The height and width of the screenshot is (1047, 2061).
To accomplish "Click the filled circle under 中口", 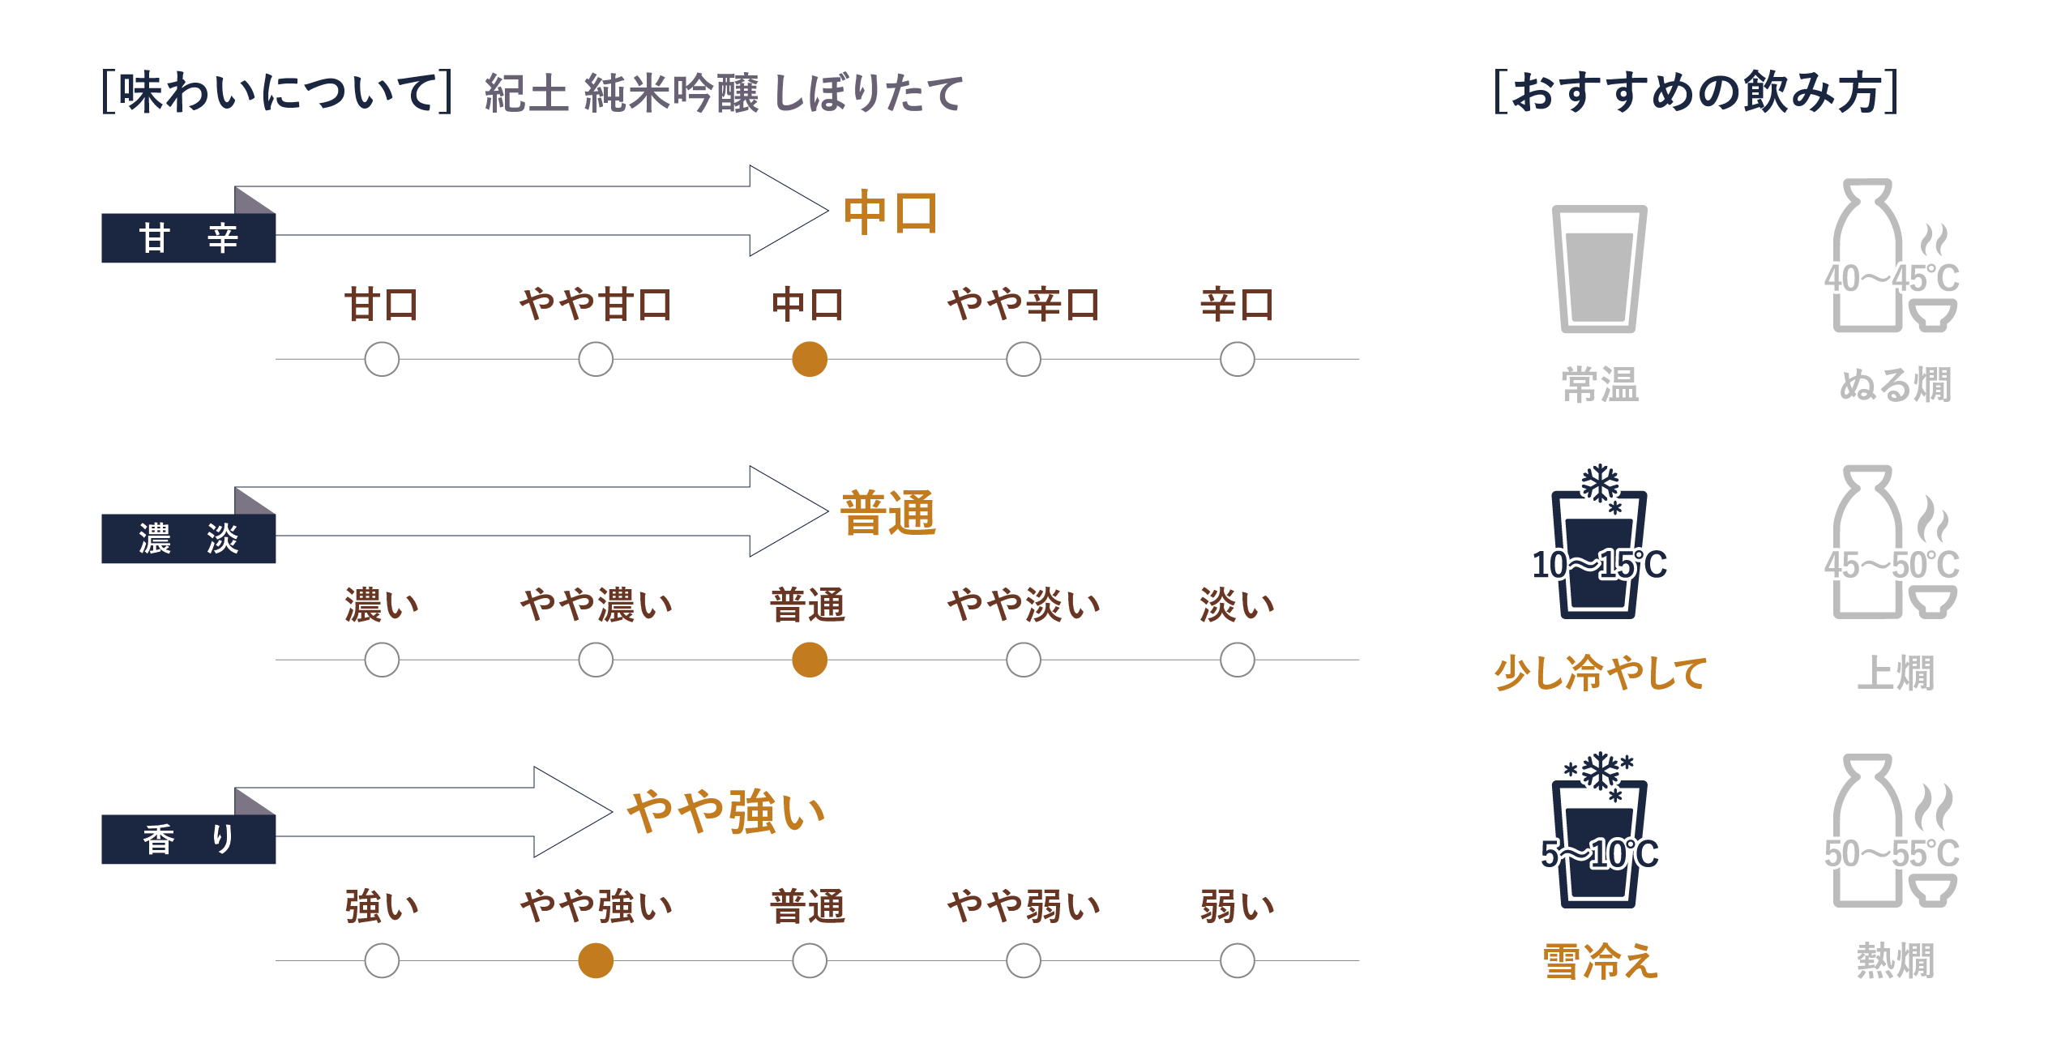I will (809, 359).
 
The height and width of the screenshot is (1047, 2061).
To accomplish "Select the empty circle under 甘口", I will (382, 359).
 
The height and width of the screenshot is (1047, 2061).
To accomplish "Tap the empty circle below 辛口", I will (1237, 359).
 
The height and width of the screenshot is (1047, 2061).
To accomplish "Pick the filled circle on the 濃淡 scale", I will (809, 660).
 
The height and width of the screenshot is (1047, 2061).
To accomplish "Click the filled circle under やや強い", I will (596, 960).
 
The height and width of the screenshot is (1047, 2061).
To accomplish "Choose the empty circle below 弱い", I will (1237, 960).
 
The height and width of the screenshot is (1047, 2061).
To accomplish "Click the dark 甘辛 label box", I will (188, 238).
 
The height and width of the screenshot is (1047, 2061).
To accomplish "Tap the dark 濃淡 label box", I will (188, 539).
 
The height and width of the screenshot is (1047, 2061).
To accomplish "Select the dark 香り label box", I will (188, 840).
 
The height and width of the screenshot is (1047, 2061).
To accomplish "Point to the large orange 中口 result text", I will (890, 212).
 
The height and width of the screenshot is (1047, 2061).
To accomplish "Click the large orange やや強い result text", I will (726, 812).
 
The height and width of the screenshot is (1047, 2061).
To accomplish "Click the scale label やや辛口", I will (1023, 305).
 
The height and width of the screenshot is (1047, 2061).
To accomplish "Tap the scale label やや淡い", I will (1023, 605).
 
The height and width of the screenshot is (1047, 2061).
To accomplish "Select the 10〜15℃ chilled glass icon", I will (1599, 551).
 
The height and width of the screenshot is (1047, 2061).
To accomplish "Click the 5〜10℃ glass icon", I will (1599, 840).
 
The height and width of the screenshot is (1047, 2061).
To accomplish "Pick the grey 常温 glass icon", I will (1599, 269).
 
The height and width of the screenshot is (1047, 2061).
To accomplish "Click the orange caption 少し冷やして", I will (1600, 673).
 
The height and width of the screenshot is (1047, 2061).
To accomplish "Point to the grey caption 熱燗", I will (1895, 961).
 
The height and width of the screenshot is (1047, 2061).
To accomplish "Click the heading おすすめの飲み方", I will (1695, 92).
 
